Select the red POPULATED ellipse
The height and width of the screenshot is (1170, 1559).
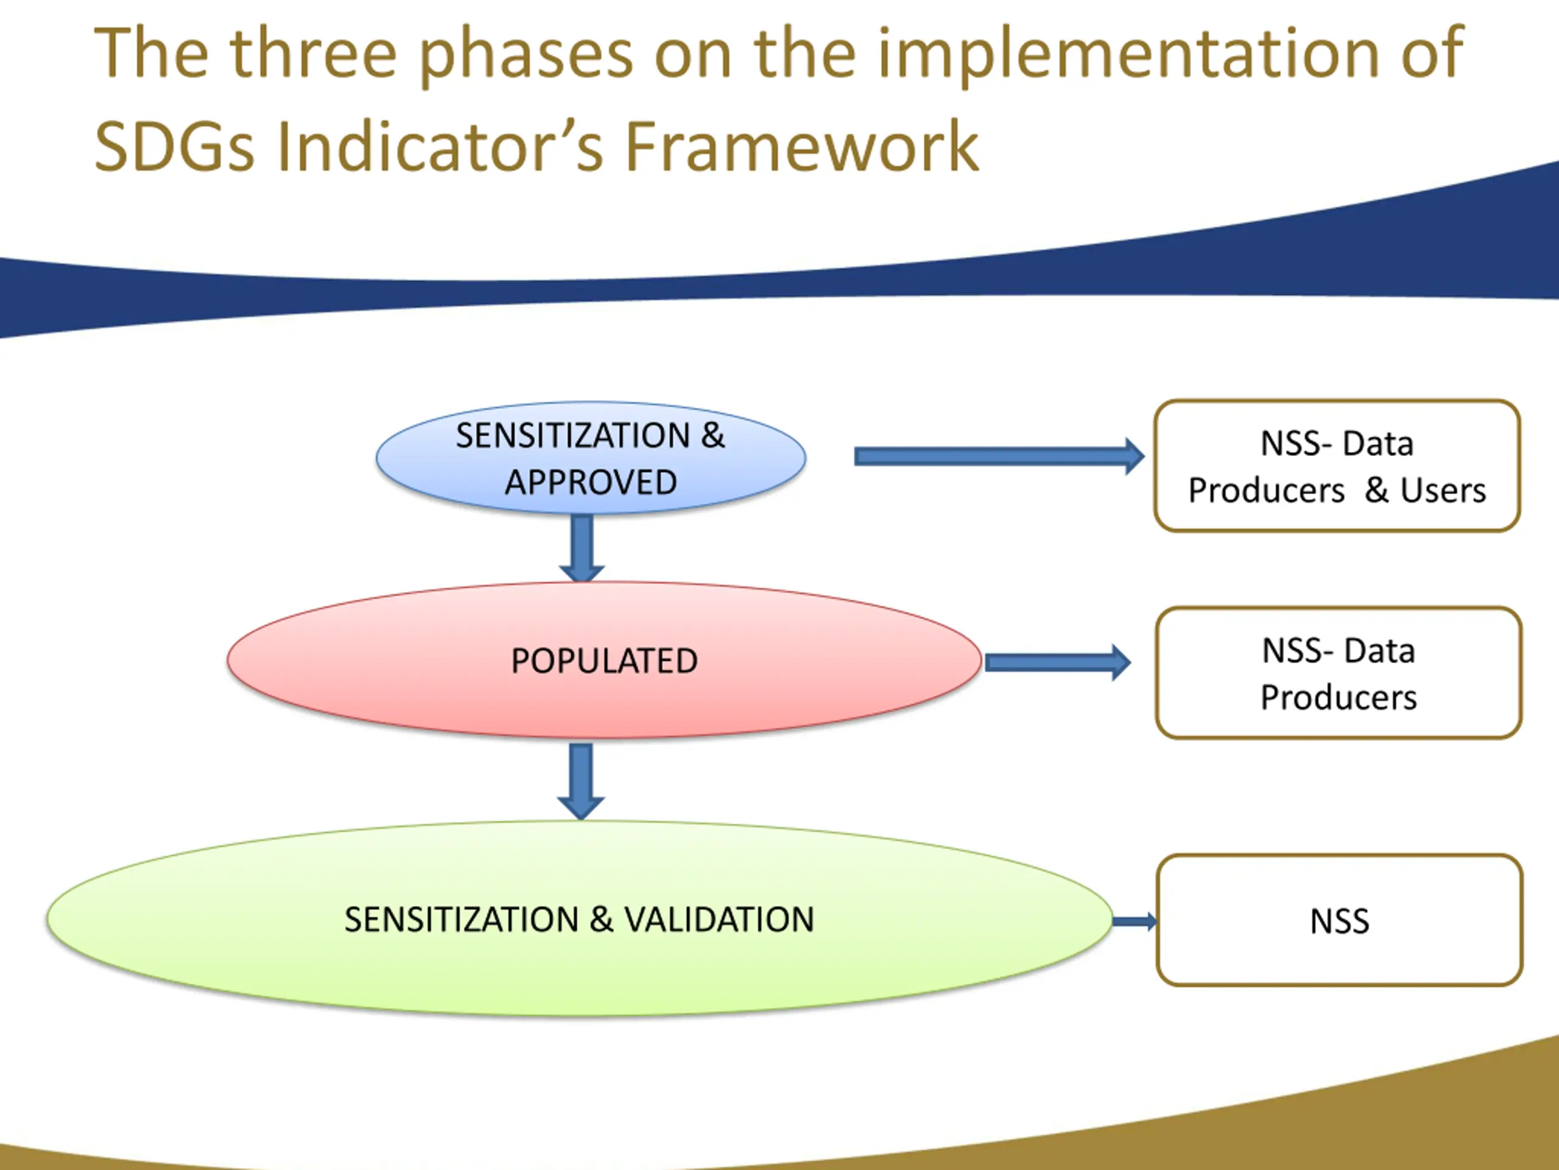click(x=604, y=661)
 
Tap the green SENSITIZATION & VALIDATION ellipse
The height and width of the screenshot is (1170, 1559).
click(x=579, y=919)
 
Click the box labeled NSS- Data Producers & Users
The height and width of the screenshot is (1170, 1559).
click(x=1337, y=466)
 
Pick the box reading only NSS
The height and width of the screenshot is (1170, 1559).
click(x=1339, y=920)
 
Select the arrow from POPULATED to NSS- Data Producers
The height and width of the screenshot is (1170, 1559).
click(x=1057, y=662)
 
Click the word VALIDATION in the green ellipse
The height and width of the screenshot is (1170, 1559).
click(x=719, y=920)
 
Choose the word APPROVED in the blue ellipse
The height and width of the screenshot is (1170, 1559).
click(x=591, y=483)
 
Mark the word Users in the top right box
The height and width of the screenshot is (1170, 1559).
click(x=1443, y=490)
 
